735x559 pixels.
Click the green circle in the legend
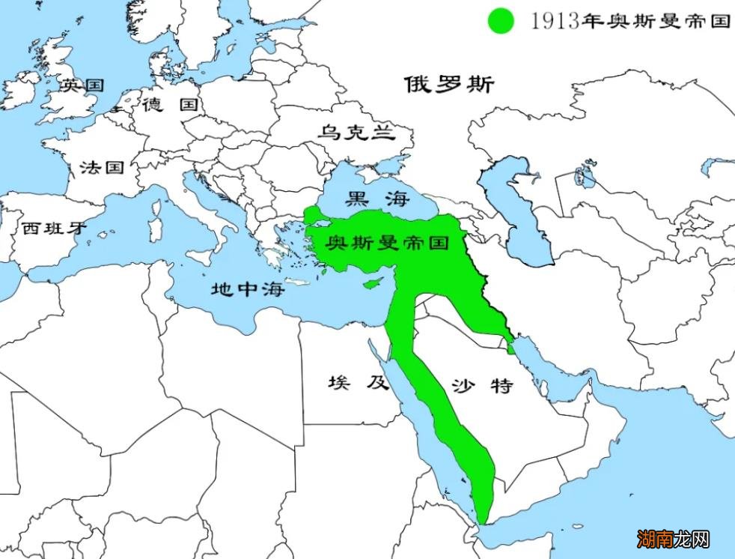(x=501, y=20)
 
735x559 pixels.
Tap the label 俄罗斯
(x=449, y=85)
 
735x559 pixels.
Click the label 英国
(x=82, y=85)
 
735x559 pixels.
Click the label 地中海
(x=248, y=288)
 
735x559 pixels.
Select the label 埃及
(x=359, y=383)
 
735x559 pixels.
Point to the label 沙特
(x=482, y=387)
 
